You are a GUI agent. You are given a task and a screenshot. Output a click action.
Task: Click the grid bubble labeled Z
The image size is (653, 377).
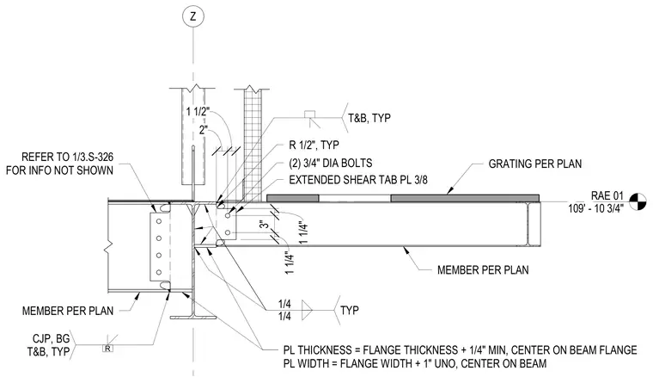(192, 17)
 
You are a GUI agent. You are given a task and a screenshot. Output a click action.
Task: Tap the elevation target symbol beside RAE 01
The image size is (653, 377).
(638, 202)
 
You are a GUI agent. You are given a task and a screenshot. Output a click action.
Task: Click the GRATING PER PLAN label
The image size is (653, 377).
(535, 164)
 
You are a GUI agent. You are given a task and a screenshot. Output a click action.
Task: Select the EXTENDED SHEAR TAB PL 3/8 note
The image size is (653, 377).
(358, 180)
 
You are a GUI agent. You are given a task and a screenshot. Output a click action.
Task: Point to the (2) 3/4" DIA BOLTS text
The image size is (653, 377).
(331, 163)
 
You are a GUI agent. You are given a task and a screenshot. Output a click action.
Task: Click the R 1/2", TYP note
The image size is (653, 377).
(314, 145)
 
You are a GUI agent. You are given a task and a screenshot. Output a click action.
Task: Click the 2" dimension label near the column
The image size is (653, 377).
(204, 130)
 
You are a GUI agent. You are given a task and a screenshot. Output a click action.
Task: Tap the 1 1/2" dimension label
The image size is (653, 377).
(198, 112)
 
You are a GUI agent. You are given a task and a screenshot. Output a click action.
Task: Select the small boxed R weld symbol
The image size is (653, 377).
(107, 349)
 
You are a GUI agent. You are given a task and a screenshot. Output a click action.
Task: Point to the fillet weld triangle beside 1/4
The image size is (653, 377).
(307, 310)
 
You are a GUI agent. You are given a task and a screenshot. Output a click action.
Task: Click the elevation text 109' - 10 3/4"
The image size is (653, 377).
(595, 208)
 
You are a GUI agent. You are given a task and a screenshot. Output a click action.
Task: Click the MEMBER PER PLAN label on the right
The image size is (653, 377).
(483, 270)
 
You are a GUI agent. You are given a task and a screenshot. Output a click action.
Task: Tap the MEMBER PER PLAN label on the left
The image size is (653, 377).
(68, 311)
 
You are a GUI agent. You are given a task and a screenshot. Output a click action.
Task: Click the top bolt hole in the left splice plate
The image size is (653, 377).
(159, 221)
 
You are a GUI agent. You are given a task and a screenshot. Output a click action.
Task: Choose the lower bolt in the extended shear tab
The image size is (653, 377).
(228, 232)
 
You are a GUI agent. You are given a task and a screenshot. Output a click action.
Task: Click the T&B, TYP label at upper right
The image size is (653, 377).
(369, 119)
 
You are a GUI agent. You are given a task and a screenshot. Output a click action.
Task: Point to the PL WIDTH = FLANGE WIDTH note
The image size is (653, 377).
(415, 363)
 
